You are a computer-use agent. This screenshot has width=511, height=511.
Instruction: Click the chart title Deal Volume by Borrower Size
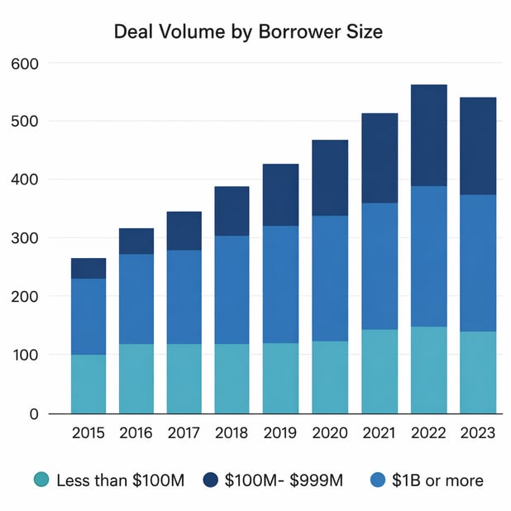click(x=248, y=32)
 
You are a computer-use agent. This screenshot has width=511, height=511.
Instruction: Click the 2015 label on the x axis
click(x=88, y=432)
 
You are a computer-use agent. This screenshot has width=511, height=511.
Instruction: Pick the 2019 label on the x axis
click(x=280, y=432)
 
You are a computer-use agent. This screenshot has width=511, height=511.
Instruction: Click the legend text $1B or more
click(x=437, y=480)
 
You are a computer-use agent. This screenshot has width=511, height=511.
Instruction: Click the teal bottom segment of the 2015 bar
click(x=88, y=384)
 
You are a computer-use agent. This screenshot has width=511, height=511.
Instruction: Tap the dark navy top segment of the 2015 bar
click(x=88, y=268)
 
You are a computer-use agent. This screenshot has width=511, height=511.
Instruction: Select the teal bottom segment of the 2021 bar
click(x=380, y=371)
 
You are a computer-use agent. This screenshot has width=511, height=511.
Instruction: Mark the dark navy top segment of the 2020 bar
click(x=329, y=178)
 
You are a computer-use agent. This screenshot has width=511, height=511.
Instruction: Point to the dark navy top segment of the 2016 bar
click(x=136, y=241)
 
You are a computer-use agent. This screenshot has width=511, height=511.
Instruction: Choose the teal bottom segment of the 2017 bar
click(x=184, y=379)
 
